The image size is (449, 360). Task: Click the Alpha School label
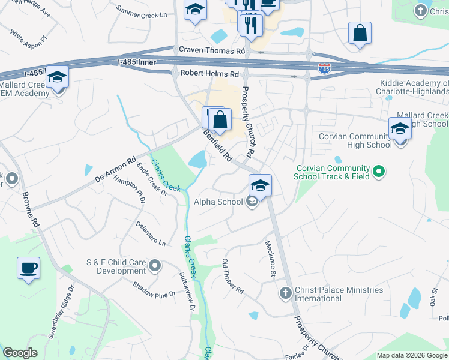click(218, 202)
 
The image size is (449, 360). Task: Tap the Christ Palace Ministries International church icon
click(285, 293)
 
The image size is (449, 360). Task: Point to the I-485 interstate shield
click(324, 68)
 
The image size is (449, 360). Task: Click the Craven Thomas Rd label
click(208, 52)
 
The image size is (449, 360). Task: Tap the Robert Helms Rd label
click(209, 73)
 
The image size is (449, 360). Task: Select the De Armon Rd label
click(116, 171)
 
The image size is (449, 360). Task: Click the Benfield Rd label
click(217, 146)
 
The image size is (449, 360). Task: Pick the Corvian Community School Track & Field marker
click(378, 172)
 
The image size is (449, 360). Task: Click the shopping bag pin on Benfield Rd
click(220, 119)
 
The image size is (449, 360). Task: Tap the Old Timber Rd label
click(233, 276)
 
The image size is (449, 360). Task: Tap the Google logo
click(20, 353)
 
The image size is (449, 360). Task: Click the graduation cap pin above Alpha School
click(260, 185)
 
